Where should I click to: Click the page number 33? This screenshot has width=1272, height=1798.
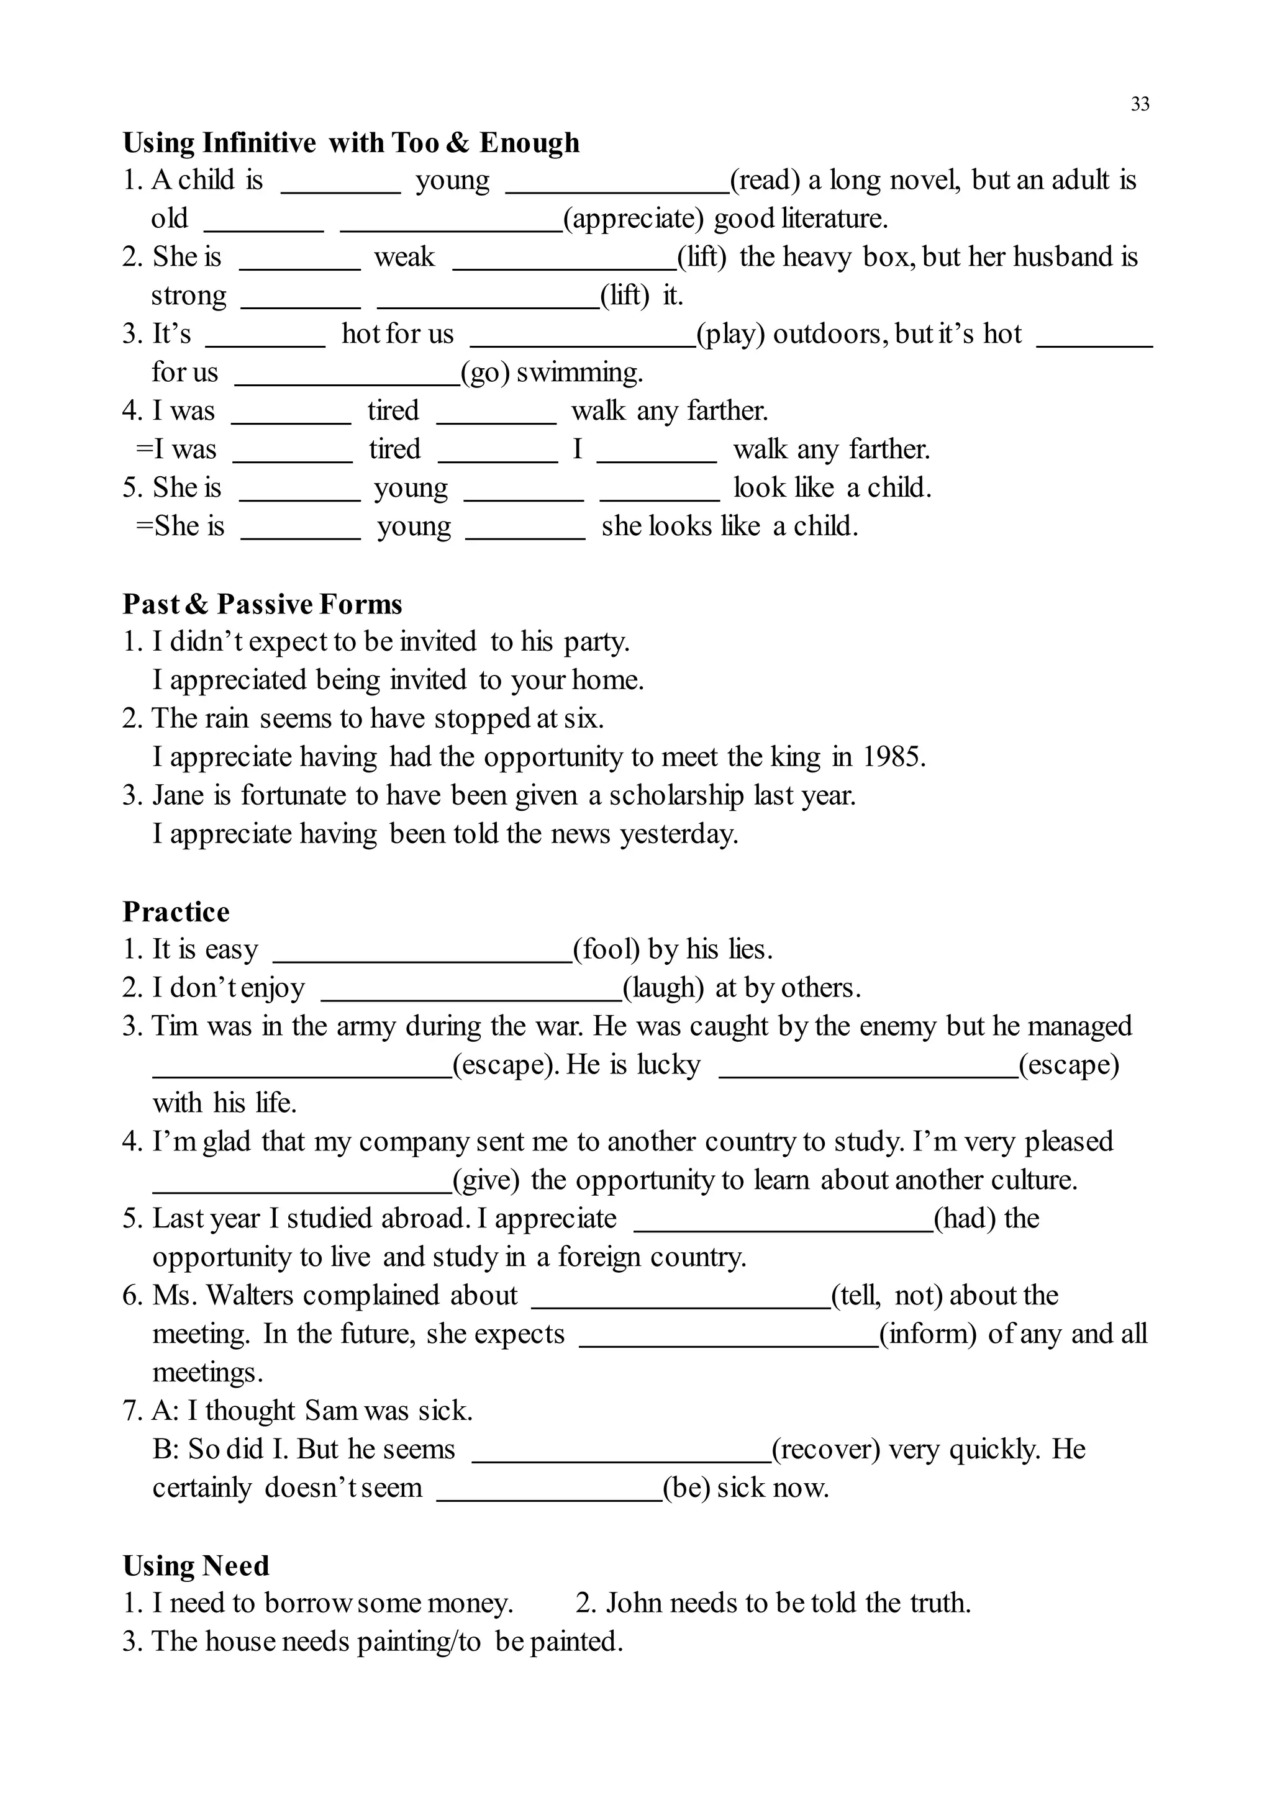1140,104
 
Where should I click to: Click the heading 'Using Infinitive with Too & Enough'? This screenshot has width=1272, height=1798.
351,143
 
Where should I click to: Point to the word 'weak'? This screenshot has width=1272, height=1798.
404,257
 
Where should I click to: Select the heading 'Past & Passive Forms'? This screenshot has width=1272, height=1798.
262,605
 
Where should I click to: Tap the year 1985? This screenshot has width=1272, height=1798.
894,757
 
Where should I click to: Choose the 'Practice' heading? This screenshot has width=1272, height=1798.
176,912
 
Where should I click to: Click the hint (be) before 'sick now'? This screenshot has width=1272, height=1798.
686,1488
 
